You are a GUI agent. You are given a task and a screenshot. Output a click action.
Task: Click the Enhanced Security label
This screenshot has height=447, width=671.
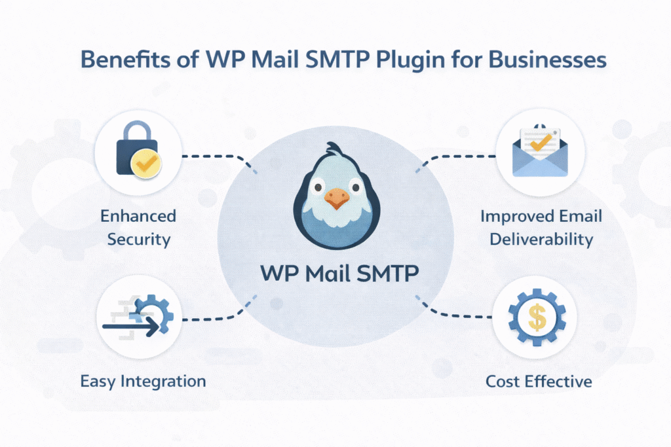[x=138, y=227]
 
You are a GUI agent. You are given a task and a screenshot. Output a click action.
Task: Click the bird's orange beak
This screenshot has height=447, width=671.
[x=335, y=198]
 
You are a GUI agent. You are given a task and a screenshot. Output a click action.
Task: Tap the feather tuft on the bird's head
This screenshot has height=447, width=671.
[x=335, y=150]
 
